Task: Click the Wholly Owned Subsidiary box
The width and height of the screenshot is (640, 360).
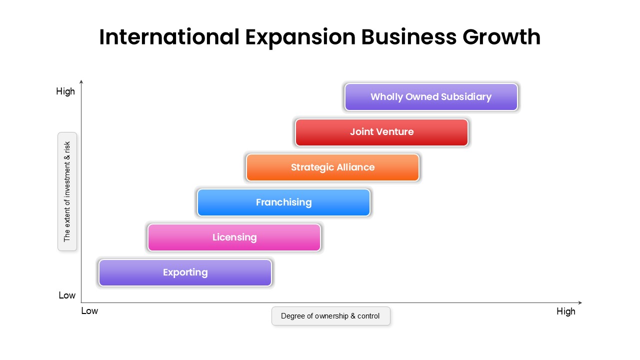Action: click(431, 97)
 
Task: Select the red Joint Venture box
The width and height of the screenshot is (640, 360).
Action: click(381, 132)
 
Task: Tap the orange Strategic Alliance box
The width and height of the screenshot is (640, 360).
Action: click(332, 167)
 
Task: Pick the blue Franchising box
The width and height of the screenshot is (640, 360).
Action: click(283, 202)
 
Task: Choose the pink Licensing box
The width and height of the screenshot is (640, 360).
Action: click(234, 237)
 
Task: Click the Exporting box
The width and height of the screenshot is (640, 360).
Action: click(185, 272)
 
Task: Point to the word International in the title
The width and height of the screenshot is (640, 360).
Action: click(169, 37)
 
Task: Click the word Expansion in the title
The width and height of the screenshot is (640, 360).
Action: click(300, 37)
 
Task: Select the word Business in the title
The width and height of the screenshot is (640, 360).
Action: click(409, 37)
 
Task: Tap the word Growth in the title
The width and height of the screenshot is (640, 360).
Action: click(501, 37)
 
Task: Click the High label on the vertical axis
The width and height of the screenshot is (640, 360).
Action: click(65, 91)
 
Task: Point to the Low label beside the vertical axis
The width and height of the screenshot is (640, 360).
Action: click(67, 295)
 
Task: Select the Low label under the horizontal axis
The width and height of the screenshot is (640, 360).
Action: click(89, 311)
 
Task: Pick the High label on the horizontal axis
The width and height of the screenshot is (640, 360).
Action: click(565, 311)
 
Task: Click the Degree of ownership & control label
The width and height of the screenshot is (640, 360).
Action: click(331, 316)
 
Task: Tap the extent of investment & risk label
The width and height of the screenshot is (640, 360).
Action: click(67, 191)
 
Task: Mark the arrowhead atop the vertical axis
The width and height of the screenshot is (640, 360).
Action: click(81, 81)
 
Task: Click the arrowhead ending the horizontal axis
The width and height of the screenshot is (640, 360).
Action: click(580, 302)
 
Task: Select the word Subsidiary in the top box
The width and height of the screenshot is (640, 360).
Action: click(466, 97)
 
